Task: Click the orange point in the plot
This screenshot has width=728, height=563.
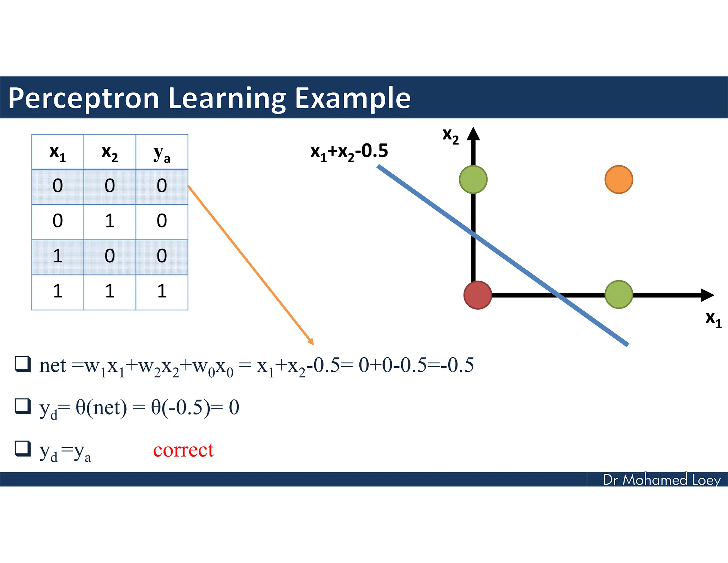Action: click(x=619, y=179)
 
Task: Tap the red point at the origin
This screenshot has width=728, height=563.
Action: click(x=478, y=295)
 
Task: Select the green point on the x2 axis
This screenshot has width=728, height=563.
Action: click(x=473, y=179)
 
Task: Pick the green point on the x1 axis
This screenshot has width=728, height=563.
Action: click(x=619, y=294)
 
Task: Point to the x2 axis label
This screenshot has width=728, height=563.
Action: click(x=450, y=136)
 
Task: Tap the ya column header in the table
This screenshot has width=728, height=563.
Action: click(x=162, y=153)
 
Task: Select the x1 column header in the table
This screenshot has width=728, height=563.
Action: click(x=58, y=153)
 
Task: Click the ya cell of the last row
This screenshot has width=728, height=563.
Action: click(x=162, y=291)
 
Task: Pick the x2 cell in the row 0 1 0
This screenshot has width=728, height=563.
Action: click(x=109, y=221)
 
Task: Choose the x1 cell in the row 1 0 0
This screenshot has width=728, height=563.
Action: click(x=58, y=256)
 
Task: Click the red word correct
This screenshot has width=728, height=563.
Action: click(x=183, y=450)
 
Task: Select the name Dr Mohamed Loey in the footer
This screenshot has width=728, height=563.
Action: click(x=661, y=480)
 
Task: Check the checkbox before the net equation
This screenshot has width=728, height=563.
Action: click(x=23, y=364)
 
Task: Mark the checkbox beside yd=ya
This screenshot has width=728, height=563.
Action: click(x=23, y=448)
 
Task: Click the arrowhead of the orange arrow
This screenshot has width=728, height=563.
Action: click(x=311, y=342)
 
